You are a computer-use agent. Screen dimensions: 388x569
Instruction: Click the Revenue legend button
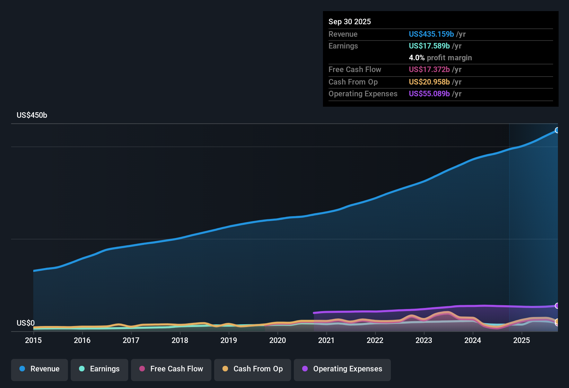[40, 369]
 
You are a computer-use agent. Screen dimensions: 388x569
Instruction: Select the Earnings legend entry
[99, 369]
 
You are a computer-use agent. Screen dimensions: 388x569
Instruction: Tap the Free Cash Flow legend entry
[171, 369]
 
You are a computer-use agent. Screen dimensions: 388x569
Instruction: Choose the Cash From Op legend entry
[253, 369]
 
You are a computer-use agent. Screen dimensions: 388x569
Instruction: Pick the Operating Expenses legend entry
[342, 369]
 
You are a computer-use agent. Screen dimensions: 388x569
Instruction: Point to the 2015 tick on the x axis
[33, 340]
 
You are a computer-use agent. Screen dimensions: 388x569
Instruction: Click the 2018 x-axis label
[180, 340]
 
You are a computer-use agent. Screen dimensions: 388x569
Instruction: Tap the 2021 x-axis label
[326, 340]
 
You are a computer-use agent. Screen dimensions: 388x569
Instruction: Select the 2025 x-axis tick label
[521, 340]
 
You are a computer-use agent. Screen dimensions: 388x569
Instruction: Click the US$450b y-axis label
[32, 115]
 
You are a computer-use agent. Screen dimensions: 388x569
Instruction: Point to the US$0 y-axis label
[26, 323]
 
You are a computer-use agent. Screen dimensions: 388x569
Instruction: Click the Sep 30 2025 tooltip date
[349, 22]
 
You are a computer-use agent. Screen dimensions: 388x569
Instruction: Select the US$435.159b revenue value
[431, 34]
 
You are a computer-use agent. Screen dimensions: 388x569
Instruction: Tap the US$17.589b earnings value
[429, 46]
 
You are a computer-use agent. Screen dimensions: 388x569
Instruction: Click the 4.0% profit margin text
[440, 58]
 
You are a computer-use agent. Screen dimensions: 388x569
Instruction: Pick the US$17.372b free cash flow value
[429, 70]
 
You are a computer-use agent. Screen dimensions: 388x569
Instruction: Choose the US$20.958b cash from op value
[429, 82]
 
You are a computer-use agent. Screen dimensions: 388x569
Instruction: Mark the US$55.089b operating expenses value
[429, 94]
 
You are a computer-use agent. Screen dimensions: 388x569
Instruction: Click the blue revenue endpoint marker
[557, 130]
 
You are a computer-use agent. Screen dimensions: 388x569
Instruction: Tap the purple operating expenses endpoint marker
[557, 306]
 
